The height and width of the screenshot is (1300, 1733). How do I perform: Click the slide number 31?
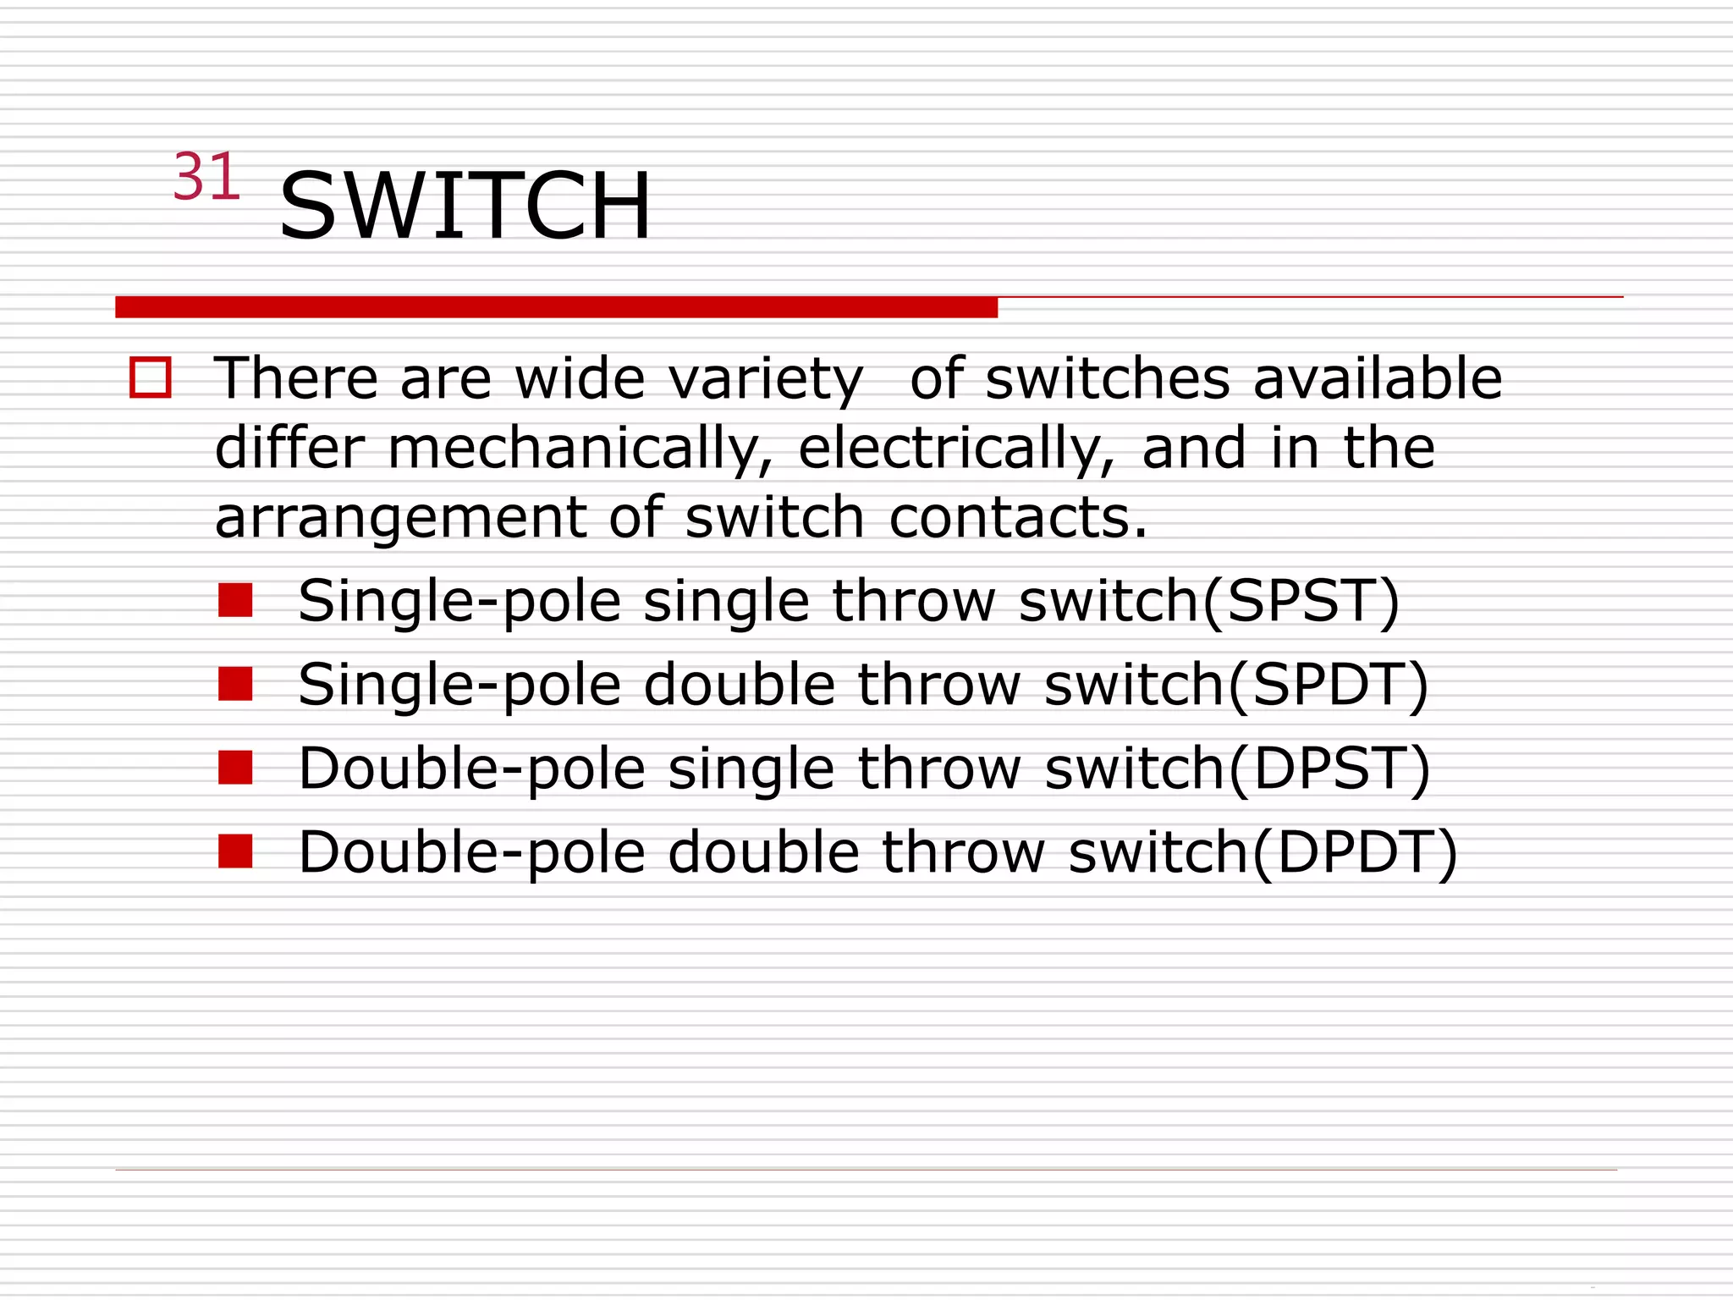206,178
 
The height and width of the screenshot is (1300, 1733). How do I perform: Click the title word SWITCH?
465,206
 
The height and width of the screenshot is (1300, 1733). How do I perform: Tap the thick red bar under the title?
556,307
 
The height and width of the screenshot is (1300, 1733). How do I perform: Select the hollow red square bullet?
151,377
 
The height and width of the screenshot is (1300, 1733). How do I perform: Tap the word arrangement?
400,518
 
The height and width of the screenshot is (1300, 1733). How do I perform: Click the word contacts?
1018,517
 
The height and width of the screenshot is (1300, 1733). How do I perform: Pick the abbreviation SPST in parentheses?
1301,601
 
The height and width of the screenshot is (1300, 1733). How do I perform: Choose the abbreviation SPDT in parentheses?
1328,685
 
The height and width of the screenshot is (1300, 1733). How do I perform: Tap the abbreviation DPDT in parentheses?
1354,852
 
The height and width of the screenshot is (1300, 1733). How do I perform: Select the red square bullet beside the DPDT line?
235,851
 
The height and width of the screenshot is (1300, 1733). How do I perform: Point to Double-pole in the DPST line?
472,768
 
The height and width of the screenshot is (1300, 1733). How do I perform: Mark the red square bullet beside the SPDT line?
235,684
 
